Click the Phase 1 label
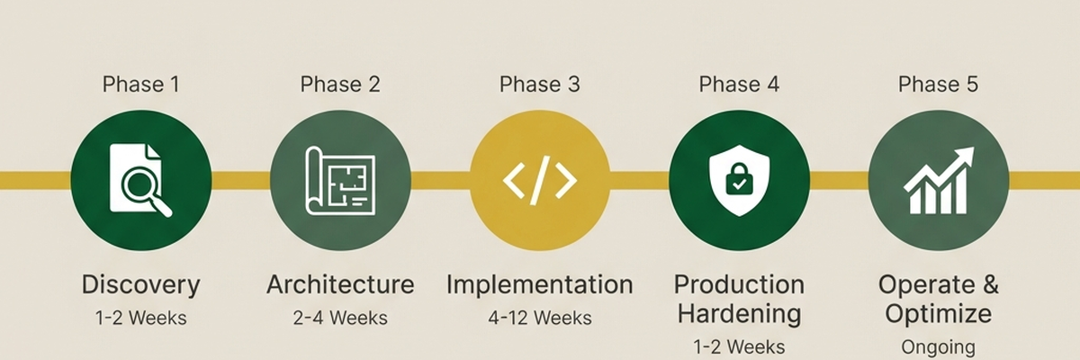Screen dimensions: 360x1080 [140, 85]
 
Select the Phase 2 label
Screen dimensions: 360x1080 [340, 85]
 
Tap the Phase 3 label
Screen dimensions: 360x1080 [540, 85]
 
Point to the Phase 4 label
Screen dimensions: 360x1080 [739, 85]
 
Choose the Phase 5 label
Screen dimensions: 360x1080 [938, 85]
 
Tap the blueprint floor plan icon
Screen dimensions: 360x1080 [340, 180]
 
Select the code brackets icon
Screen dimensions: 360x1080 [540, 181]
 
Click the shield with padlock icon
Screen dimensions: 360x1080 [739, 180]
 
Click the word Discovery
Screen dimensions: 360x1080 [140, 286]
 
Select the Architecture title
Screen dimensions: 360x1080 [340, 285]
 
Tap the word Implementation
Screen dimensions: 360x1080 [540, 285]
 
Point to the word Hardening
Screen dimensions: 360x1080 [739, 314]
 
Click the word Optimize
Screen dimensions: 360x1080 [938, 314]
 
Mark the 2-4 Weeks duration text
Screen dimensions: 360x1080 [340, 318]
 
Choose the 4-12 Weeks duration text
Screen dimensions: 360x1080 [540, 318]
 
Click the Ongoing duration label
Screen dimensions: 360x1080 [938, 346]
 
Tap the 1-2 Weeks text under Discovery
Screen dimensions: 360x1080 [140, 318]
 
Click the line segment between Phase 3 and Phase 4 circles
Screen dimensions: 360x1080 [639, 181]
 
